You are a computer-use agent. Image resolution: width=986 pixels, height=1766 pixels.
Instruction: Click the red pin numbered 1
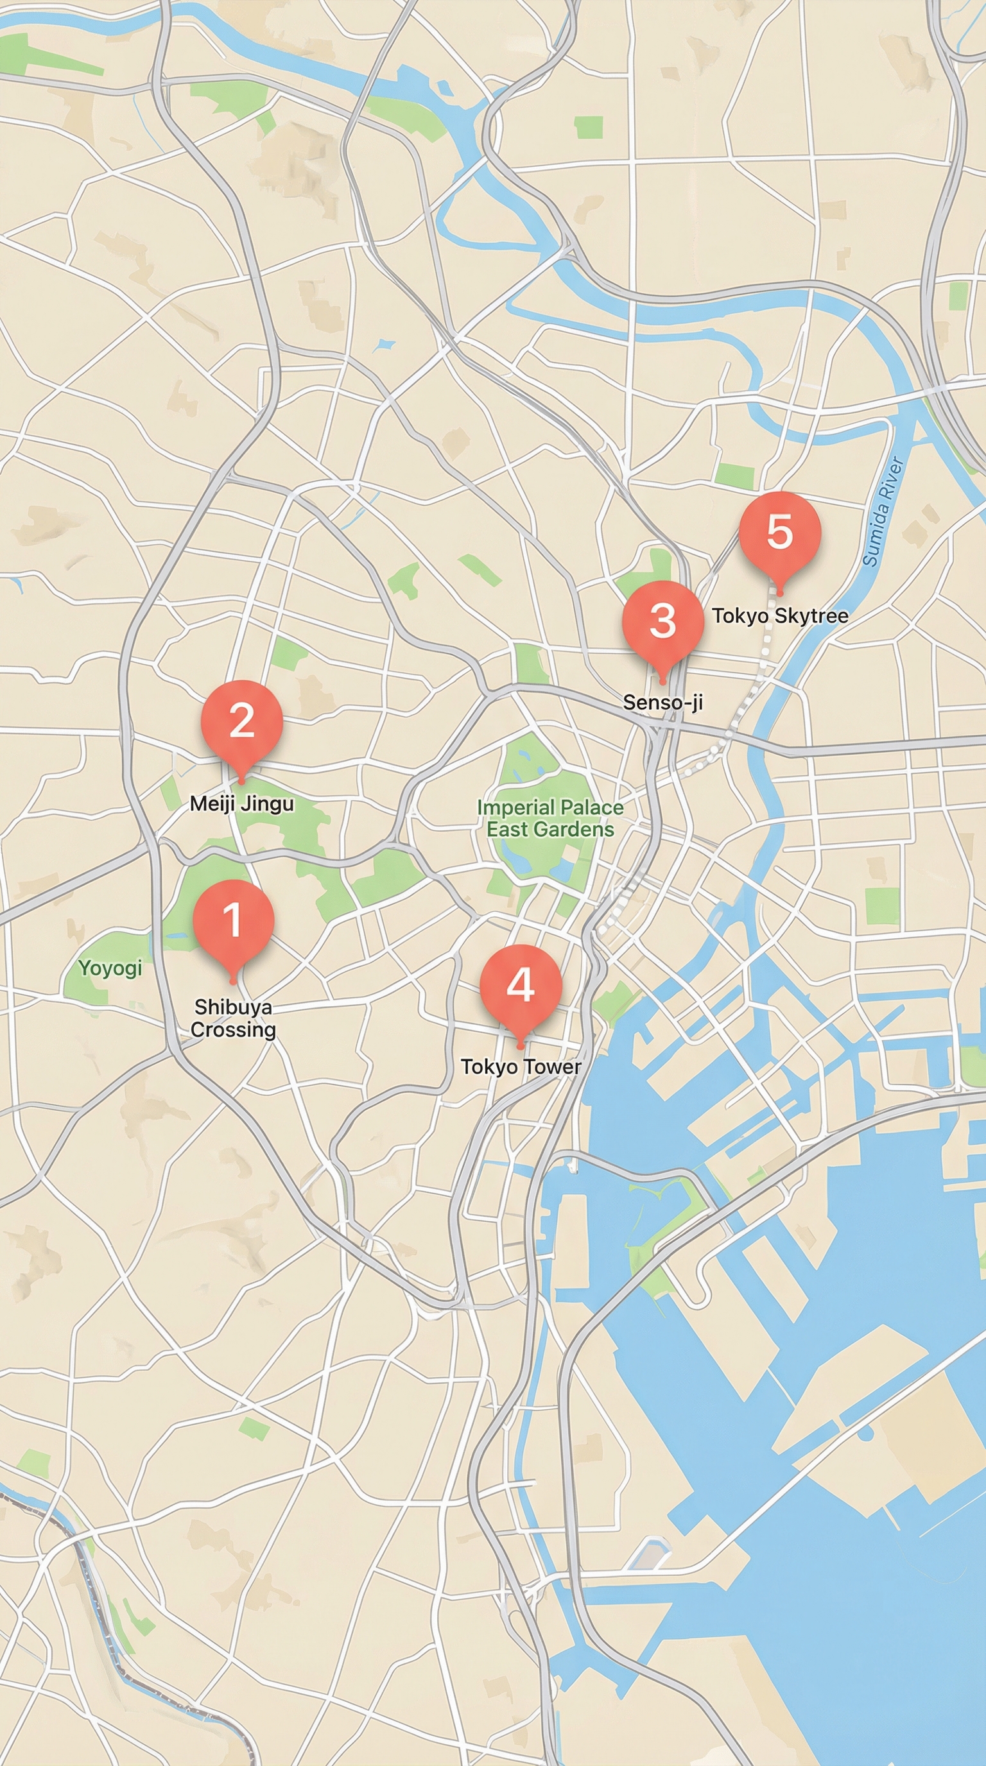[x=233, y=920]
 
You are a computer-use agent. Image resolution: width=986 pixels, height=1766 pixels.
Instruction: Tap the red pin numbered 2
[x=241, y=721]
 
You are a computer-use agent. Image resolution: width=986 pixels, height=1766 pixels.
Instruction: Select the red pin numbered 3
[x=662, y=621]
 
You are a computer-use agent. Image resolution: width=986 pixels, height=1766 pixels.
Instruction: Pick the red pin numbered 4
[x=521, y=985]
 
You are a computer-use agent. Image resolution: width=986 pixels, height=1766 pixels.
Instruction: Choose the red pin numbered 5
[x=779, y=532]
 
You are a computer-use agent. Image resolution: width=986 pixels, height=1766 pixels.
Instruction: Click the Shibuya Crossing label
[x=233, y=1018]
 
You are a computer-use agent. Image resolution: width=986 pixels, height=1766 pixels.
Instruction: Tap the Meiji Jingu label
[x=241, y=803]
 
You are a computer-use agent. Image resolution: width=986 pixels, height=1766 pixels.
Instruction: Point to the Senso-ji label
[x=662, y=702]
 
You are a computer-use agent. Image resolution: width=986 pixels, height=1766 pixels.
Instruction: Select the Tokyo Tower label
[x=521, y=1067]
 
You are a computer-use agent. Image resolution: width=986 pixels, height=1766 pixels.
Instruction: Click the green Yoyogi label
[x=110, y=968]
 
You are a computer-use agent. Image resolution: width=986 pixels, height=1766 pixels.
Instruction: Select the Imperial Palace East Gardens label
[x=550, y=819]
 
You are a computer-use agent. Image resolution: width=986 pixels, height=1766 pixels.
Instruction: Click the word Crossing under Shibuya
[x=233, y=1030]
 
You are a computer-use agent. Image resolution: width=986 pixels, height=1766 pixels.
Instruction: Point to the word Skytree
[x=811, y=615]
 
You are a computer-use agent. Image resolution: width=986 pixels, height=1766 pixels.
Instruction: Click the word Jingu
[x=272, y=803]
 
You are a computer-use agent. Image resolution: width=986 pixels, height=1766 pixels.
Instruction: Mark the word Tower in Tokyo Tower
[x=552, y=1067]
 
